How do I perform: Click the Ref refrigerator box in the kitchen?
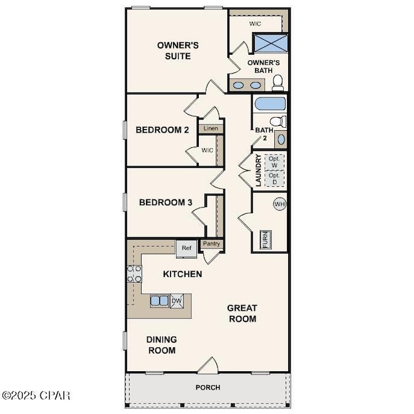[x=186, y=248]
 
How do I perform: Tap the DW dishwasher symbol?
[x=177, y=301]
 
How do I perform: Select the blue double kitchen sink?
[x=159, y=301]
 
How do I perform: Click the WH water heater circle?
[x=279, y=204]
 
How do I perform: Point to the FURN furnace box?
[x=266, y=240]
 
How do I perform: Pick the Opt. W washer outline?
[x=274, y=162]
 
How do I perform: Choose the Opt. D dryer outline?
[x=274, y=179]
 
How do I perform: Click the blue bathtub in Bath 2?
[x=270, y=104]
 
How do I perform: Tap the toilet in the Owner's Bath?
[x=277, y=82]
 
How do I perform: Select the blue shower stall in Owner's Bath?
[x=271, y=43]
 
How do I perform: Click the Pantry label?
[x=211, y=243]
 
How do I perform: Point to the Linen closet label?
[x=211, y=128]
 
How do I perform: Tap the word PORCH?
[x=208, y=388]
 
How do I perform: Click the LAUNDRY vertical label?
[x=258, y=171]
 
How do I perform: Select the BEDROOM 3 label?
[x=165, y=203]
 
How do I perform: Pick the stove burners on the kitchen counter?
[x=135, y=274]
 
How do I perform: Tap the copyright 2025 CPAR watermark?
[x=36, y=395]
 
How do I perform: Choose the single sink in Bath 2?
[x=281, y=139]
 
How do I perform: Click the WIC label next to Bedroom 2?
[x=207, y=150]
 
